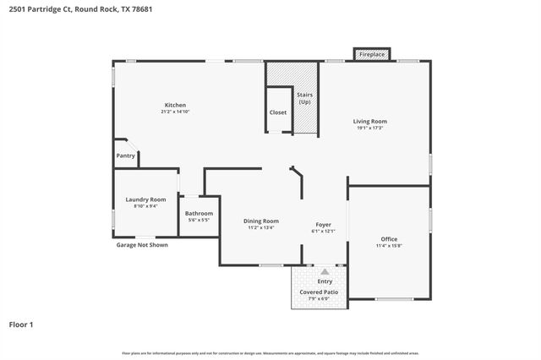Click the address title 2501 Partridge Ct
pos(68,8)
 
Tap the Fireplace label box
pos(372,54)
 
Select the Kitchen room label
pos(175,105)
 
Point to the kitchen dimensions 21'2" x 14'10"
pos(175,112)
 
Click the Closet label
pos(278,112)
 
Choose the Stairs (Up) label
pos(305,98)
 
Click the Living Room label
pos(369,122)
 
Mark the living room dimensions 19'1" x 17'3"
pos(369,128)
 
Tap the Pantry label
pos(125,155)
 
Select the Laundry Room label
pos(145,199)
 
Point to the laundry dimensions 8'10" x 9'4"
pos(145,206)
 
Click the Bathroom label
pos(199,213)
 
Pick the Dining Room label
pos(262,221)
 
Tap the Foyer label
pos(324,224)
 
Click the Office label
pos(389,239)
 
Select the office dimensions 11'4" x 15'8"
pos(389,246)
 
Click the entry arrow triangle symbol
pos(324,272)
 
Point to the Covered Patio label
pos(320,292)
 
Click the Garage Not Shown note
pos(142,245)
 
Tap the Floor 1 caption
pos(21,324)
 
